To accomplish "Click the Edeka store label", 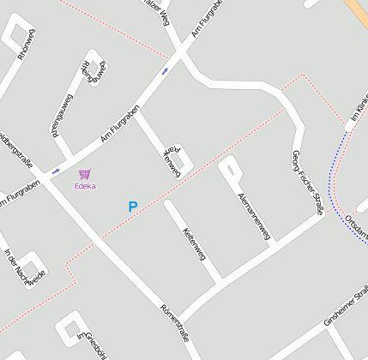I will click(85, 186).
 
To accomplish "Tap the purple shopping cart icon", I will click(84, 174).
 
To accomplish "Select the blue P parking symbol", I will click(132, 207).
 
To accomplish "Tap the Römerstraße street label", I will click(174, 322).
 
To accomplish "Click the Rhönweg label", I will click(27, 44).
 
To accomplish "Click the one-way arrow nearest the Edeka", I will click(56, 171).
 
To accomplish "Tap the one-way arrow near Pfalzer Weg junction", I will click(165, 71).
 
